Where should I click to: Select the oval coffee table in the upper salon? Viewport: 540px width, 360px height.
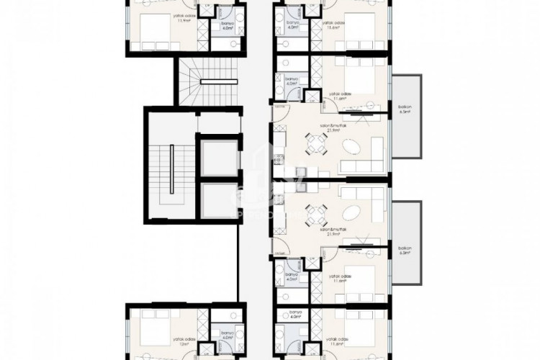[352, 146]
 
